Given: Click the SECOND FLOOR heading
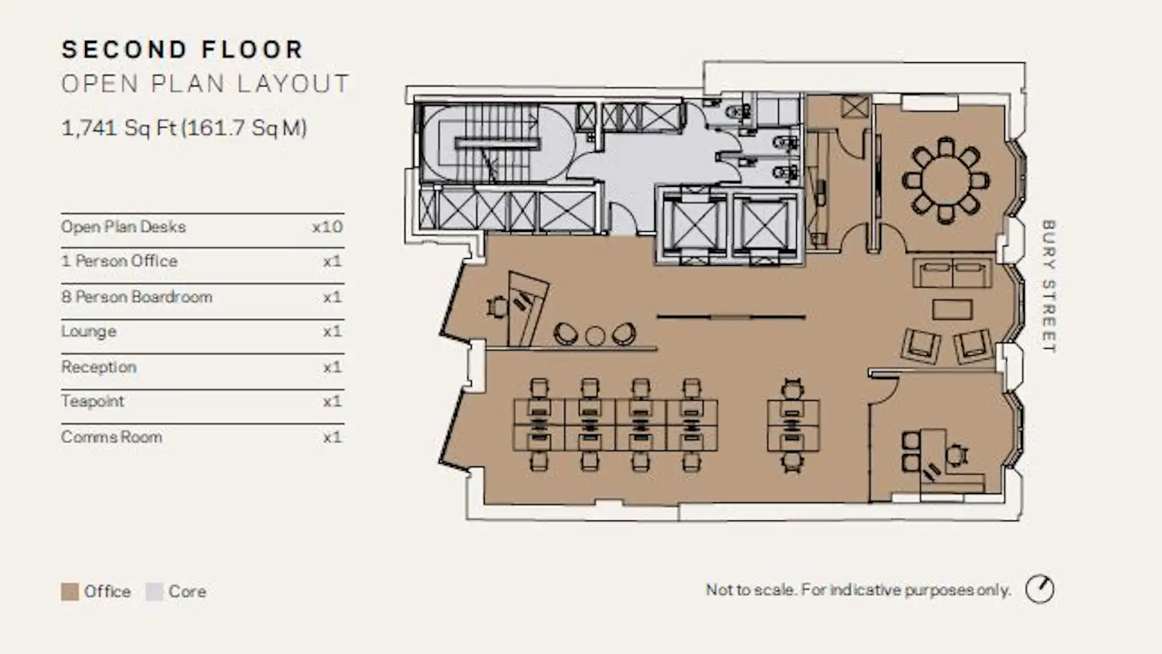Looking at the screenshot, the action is tap(183, 50).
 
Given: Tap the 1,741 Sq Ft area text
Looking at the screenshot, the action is tap(184, 127).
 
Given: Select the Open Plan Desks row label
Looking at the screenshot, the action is tap(123, 227).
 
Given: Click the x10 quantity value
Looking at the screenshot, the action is tap(327, 227).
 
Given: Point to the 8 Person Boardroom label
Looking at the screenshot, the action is tap(137, 297).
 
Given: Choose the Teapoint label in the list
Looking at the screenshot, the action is tap(93, 401).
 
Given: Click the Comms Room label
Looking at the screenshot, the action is tap(111, 437).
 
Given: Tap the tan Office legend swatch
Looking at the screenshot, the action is tap(70, 592).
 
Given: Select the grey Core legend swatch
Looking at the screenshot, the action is tap(155, 592).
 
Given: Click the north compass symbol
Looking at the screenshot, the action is tap(1040, 589).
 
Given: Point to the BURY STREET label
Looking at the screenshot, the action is tap(1049, 287).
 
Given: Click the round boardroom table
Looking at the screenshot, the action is tap(946, 181).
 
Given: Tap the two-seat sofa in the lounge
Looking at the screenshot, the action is tap(953, 273).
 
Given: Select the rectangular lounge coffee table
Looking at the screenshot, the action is tap(952, 310).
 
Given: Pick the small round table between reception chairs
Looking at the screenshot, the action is tap(595, 336).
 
